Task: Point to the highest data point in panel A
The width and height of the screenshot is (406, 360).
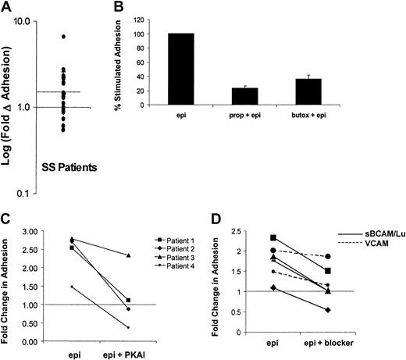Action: pos(64,37)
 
